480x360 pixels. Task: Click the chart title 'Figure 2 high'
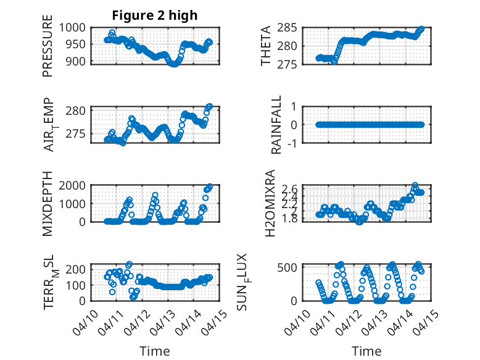(155, 15)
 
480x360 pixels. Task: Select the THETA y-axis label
(266, 45)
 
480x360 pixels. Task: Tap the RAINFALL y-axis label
(277, 125)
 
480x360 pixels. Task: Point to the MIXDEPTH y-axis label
(48, 204)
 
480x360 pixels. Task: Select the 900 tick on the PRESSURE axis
(80, 61)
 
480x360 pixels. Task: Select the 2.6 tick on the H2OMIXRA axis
(307, 189)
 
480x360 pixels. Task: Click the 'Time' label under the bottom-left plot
(155, 351)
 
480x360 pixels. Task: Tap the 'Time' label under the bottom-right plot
(366, 351)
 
